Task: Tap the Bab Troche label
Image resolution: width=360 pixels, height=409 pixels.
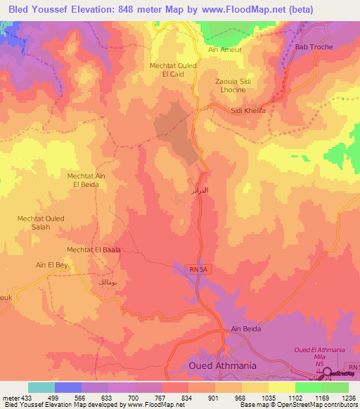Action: tap(313, 47)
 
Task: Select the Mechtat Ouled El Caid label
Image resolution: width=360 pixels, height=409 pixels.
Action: tap(173, 70)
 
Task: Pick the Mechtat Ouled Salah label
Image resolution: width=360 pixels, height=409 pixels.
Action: tap(41, 223)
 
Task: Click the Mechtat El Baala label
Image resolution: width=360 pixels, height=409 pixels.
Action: tap(94, 249)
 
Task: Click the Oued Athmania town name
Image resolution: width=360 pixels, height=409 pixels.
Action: tap(222, 366)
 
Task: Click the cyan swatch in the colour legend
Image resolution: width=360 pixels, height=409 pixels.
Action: tap(41, 387)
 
